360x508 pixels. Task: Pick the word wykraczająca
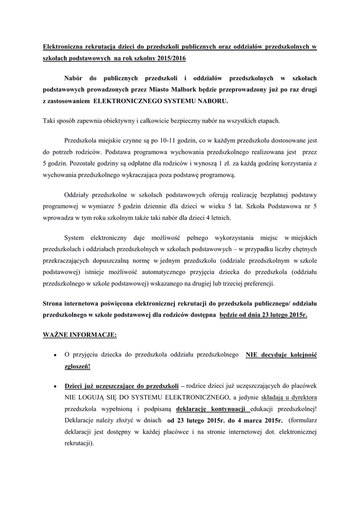(x=146, y=175)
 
